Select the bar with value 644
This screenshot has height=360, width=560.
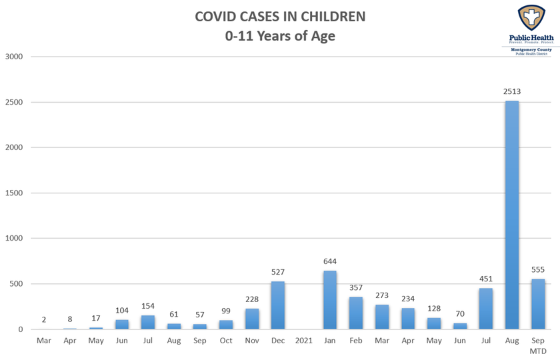coord(330,299)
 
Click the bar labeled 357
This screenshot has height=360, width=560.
coord(356,313)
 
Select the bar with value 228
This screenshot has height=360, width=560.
coord(252,319)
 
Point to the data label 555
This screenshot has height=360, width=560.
coord(537,269)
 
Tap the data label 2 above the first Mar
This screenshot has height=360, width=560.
coord(44,319)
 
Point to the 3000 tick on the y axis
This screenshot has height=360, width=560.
coord(14,57)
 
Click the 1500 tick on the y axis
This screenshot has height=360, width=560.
coord(14,193)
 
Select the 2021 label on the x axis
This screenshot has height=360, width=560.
coord(304,341)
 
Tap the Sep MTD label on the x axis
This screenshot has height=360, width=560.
coord(537,345)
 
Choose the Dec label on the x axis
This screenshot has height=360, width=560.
coord(278,341)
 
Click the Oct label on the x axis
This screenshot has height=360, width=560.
coord(226,341)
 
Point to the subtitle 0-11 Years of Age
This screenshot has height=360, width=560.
coord(280,36)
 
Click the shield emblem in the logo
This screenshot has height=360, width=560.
coord(530,18)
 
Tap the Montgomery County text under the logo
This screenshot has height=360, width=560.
coord(531,49)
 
